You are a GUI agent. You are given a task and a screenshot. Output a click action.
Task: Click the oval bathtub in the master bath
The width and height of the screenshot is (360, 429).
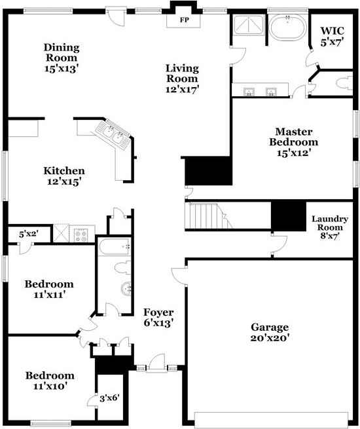tap(287, 29)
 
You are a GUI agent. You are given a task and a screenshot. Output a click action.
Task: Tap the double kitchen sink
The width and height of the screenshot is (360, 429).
tap(113, 136)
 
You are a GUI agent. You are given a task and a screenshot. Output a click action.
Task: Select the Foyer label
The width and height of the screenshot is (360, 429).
tap(158, 317)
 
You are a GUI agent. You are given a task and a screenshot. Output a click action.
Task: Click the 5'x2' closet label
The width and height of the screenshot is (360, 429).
tap(28, 233)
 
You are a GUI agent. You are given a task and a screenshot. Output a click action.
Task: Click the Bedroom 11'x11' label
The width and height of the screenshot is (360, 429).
tap(49, 289)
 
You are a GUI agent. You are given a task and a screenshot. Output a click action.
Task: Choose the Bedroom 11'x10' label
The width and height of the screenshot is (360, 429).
tap(49, 381)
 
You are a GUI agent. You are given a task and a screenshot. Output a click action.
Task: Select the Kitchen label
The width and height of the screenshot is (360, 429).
tap(63, 176)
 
